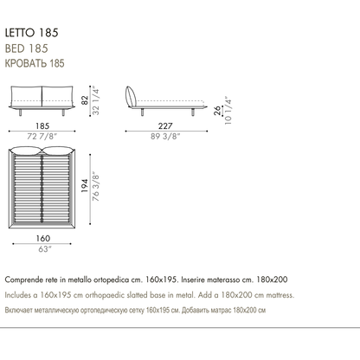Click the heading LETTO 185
point(31,33)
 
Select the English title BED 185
point(27,48)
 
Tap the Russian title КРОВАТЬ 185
point(35,63)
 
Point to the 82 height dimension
point(85,100)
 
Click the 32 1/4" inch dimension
point(95,101)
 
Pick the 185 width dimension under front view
point(42,126)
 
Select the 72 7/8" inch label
point(42,136)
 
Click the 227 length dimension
point(165,126)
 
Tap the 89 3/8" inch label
point(165,136)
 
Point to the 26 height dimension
point(217,111)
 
